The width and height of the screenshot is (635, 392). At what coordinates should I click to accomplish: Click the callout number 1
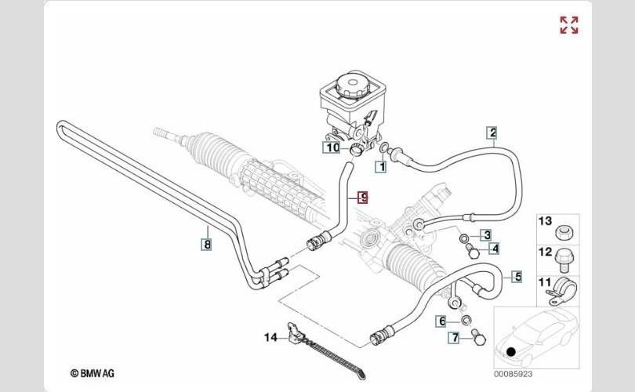coord(382,166)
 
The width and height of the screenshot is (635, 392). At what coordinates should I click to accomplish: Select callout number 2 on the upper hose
coord(492,132)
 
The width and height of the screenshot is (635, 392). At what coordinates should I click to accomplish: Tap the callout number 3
coord(486,235)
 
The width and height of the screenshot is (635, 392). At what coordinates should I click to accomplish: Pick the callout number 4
coord(495,249)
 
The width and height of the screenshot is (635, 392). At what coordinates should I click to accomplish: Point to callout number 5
coord(517,276)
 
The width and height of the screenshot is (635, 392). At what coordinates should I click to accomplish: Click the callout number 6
coord(442,321)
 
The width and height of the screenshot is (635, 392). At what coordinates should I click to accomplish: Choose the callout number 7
coord(454,339)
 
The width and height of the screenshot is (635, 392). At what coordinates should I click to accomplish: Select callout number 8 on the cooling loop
coord(206,245)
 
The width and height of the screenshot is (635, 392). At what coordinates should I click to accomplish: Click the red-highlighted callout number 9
coord(362,198)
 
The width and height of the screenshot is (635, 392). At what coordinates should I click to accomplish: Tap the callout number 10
coord(332,147)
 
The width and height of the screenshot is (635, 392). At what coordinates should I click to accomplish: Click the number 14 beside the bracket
coord(271,338)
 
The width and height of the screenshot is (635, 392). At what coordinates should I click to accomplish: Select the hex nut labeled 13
coord(563,233)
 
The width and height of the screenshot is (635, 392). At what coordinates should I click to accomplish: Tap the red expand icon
coord(569,25)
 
